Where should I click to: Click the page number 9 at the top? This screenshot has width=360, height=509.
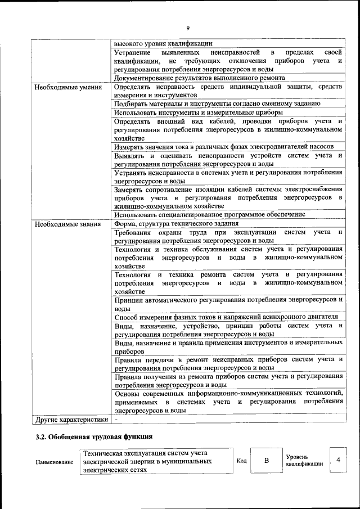(x=188, y=28)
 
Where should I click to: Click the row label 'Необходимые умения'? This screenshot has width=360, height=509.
(x=68, y=88)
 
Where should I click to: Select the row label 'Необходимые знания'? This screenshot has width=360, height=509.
(x=67, y=224)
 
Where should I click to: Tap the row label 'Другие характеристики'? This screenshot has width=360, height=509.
(x=71, y=419)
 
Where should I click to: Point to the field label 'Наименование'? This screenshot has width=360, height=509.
(x=54, y=462)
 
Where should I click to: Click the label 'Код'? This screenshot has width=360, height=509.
(x=241, y=461)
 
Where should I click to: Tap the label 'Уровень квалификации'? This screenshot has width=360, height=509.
(x=304, y=461)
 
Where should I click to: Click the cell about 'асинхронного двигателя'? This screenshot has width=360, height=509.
(x=226, y=317)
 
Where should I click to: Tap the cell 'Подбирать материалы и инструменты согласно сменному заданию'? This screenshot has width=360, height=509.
(x=217, y=103)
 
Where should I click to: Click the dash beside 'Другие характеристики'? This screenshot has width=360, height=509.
(x=116, y=419)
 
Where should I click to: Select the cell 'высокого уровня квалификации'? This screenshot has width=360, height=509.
(x=163, y=43)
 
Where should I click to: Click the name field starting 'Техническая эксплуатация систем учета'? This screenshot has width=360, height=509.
(x=156, y=461)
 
